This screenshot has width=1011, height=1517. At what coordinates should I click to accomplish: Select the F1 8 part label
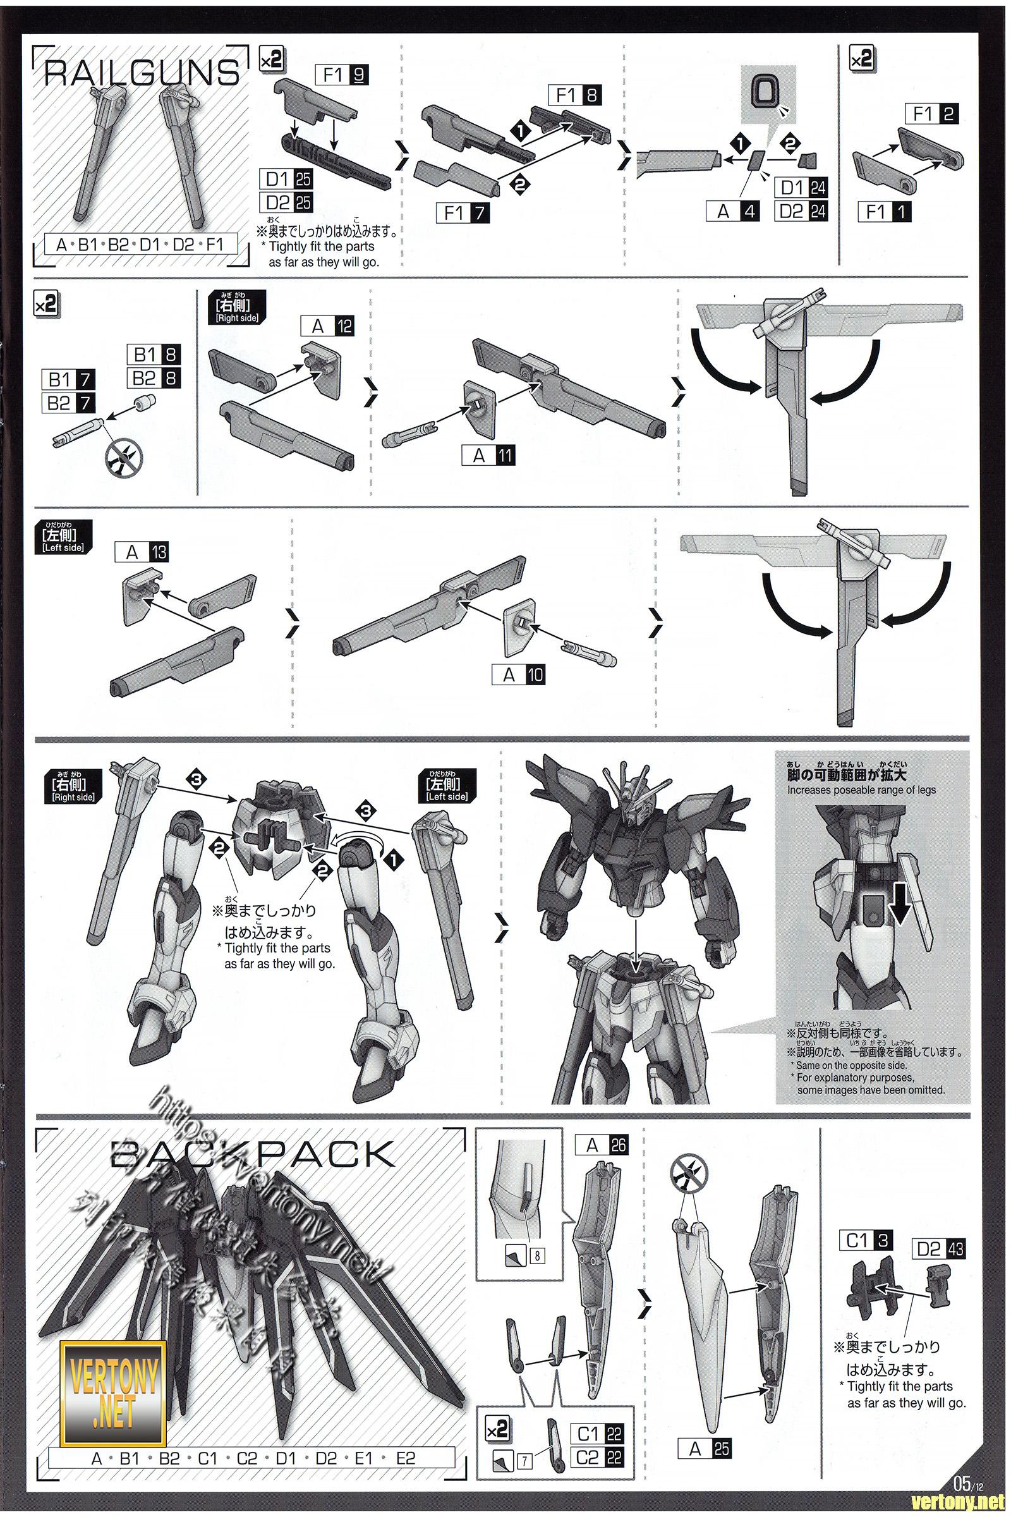pos(574,95)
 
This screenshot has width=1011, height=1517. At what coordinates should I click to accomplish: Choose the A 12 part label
pos(327,326)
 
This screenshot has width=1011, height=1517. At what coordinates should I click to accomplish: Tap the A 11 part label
pos(488,455)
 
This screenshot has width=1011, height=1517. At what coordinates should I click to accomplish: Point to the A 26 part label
pos(602,1145)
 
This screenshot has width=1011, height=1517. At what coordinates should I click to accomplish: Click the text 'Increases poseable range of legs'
pos(861,789)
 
